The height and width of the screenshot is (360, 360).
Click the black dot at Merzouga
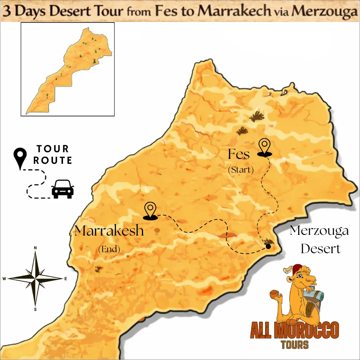click(268, 246)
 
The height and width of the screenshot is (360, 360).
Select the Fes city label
click(239, 154)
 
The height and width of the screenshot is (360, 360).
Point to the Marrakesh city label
click(109, 231)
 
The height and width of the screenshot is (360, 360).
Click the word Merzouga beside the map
click(319, 231)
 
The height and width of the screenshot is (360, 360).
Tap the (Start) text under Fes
click(241, 170)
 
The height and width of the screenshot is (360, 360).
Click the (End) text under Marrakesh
click(109, 250)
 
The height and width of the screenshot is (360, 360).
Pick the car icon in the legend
click(63, 189)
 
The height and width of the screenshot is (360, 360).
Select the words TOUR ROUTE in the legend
click(53, 155)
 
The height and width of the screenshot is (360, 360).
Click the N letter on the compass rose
click(35, 248)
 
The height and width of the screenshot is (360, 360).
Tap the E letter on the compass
click(65, 279)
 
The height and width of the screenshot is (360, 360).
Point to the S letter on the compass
click(35, 309)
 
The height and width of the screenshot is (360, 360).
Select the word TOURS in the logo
click(295, 345)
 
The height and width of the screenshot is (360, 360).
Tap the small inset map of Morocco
click(67, 69)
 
